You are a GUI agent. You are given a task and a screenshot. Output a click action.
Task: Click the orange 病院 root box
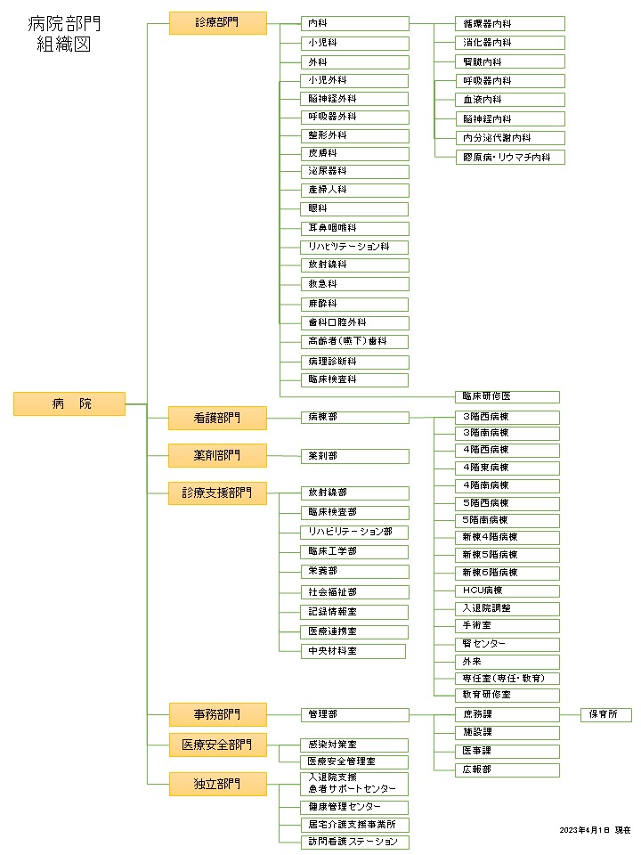point(69,403)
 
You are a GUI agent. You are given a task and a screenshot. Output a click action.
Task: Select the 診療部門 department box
point(217,23)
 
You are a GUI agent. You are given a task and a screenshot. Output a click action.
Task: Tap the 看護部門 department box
point(217,416)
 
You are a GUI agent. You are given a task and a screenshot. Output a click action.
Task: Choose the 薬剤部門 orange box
point(217,455)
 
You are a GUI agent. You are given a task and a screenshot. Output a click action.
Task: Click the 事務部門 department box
point(217,713)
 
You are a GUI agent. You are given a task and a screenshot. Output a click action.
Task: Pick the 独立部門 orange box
point(217,784)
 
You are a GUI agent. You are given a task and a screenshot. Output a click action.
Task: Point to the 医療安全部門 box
point(217,745)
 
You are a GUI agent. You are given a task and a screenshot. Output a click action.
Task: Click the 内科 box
point(355,23)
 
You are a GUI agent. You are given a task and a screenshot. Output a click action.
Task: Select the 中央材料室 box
point(353,651)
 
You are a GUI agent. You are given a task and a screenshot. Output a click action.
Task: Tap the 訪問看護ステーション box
point(355,842)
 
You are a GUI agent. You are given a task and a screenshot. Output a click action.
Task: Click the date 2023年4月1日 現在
point(595,830)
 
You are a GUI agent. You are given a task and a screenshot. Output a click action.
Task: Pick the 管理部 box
point(355,714)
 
